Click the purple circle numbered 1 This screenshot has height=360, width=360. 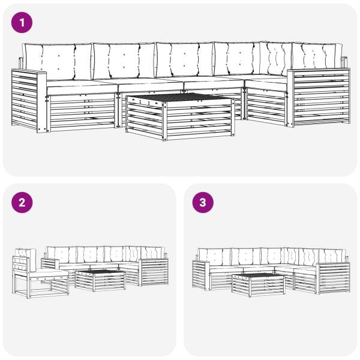22,23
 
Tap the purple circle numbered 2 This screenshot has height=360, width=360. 22,203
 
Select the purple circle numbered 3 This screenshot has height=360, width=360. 203,203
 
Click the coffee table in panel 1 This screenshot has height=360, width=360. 180,116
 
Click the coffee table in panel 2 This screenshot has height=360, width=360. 100,281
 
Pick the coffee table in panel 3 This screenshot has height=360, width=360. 258,284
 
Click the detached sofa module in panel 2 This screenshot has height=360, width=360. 40,273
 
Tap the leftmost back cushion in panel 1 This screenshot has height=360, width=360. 58,62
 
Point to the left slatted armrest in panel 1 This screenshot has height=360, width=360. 29,101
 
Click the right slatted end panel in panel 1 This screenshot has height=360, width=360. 319,97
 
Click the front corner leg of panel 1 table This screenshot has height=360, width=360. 164,121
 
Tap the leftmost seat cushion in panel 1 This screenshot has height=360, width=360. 82,87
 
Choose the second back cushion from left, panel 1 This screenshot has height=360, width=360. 124,61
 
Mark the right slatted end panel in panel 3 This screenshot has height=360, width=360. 334,278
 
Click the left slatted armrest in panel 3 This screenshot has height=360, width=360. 202,275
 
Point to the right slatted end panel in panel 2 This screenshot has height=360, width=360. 154,272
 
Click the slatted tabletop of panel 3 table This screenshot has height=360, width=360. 257,275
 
